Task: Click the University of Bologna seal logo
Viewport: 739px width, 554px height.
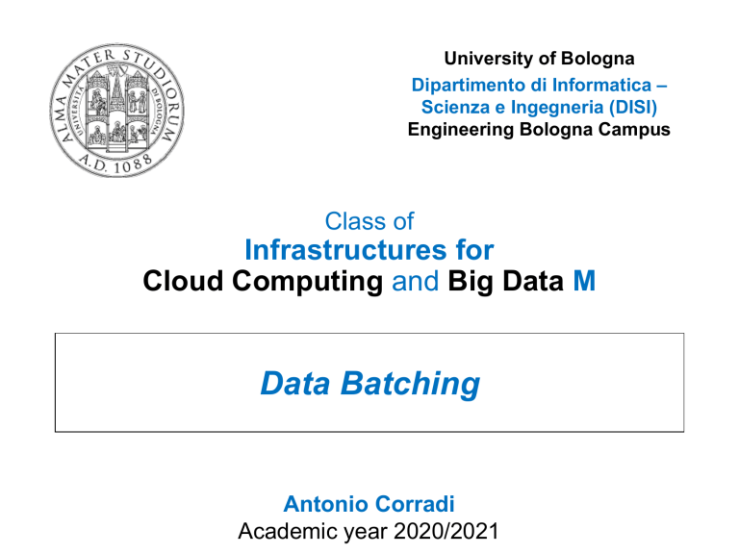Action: (116, 111)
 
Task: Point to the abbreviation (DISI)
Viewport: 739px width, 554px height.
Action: (633, 107)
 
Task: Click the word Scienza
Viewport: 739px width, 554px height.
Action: (456, 107)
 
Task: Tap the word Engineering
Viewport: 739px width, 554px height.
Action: (461, 130)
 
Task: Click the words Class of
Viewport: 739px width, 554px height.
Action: (369, 221)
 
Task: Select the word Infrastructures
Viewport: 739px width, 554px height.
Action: (345, 250)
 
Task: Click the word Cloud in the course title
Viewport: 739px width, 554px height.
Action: (183, 281)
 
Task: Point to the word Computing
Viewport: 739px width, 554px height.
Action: (307, 281)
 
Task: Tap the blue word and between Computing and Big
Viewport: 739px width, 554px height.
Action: (416, 281)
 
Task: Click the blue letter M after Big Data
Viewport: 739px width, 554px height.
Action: (584, 281)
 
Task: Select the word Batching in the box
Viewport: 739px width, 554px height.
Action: (410, 384)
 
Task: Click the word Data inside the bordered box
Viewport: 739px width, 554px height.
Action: (295, 384)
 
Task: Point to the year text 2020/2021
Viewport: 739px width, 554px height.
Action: (446, 531)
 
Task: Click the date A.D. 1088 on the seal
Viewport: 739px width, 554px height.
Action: (115, 164)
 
